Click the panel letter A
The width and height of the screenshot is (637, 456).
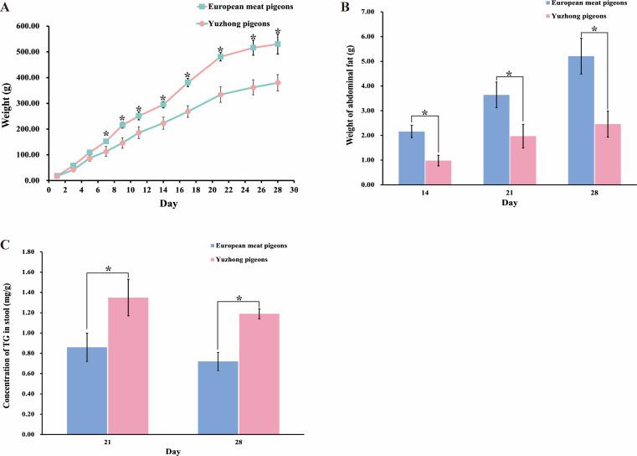[8, 8]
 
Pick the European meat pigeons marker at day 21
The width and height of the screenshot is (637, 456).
[221, 57]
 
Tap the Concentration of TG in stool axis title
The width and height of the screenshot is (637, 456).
[8, 343]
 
